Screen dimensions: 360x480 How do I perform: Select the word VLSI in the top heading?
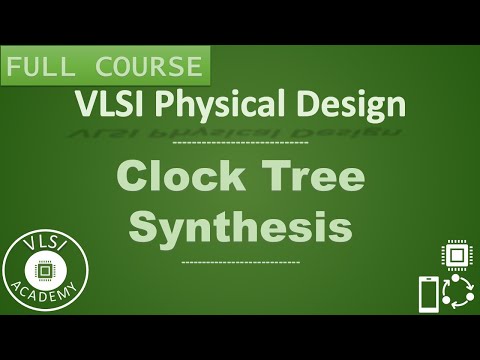[103, 104]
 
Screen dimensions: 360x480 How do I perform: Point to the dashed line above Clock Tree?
[241, 145]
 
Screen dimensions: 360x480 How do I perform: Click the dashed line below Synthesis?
[241, 262]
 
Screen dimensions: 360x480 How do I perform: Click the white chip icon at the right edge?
[455, 254]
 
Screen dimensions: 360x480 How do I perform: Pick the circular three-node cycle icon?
[458, 293]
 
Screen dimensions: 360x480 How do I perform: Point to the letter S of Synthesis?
[145, 226]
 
